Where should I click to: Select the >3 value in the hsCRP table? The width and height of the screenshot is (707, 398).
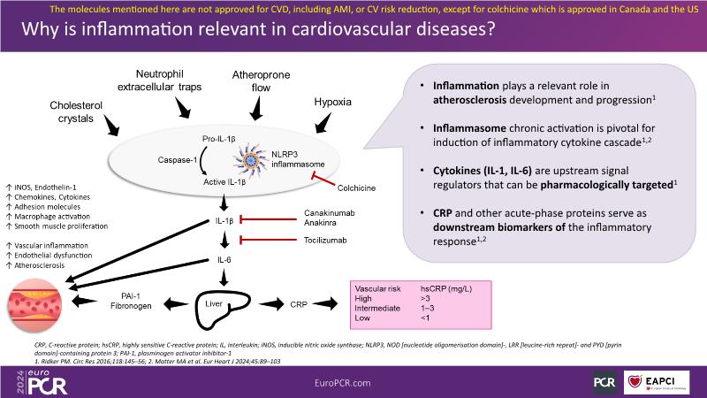coord(426,299)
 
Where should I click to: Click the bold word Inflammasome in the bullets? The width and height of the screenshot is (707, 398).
coord(472,128)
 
